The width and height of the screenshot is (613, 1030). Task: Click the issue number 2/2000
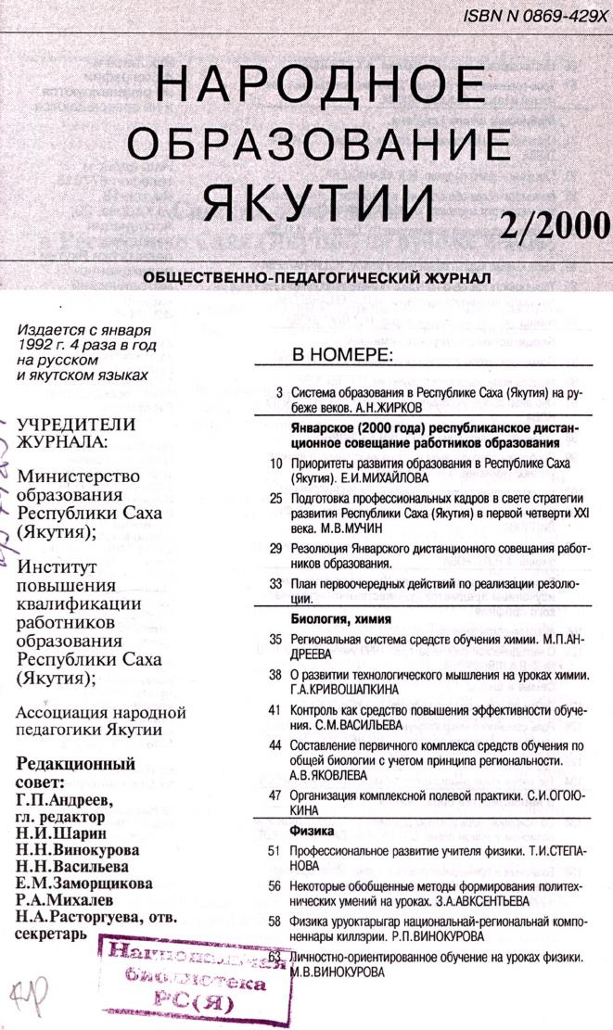tap(553, 223)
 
